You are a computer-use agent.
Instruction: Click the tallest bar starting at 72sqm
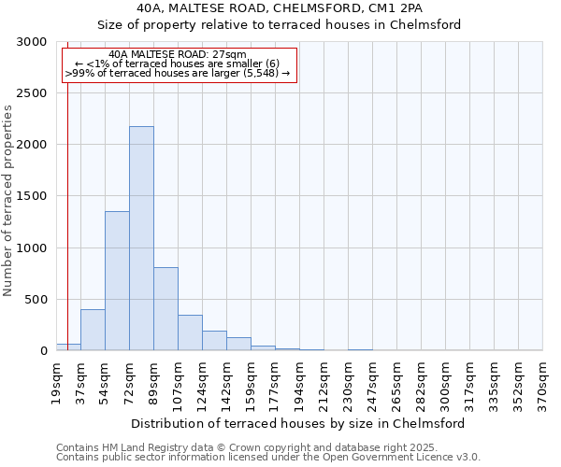click(x=141, y=238)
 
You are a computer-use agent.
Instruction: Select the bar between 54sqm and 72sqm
click(x=117, y=280)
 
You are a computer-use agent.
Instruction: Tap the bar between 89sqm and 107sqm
click(x=165, y=308)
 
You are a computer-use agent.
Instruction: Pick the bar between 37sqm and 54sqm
click(x=93, y=330)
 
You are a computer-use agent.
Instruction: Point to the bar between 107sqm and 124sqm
click(x=190, y=333)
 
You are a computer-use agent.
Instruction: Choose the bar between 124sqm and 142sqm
click(x=214, y=341)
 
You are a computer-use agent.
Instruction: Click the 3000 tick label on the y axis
click(x=31, y=42)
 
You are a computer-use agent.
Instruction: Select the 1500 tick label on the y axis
click(x=31, y=196)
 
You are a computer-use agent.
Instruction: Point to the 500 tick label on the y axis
click(x=35, y=300)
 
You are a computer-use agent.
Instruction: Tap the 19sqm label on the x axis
click(x=57, y=380)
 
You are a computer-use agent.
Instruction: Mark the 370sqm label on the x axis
click(x=542, y=380)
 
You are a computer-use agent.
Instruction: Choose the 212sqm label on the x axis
click(x=324, y=380)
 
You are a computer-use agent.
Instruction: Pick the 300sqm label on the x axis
click(x=445, y=380)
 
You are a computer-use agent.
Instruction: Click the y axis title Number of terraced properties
click(x=8, y=200)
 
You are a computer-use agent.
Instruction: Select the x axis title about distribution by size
click(x=298, y=423)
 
